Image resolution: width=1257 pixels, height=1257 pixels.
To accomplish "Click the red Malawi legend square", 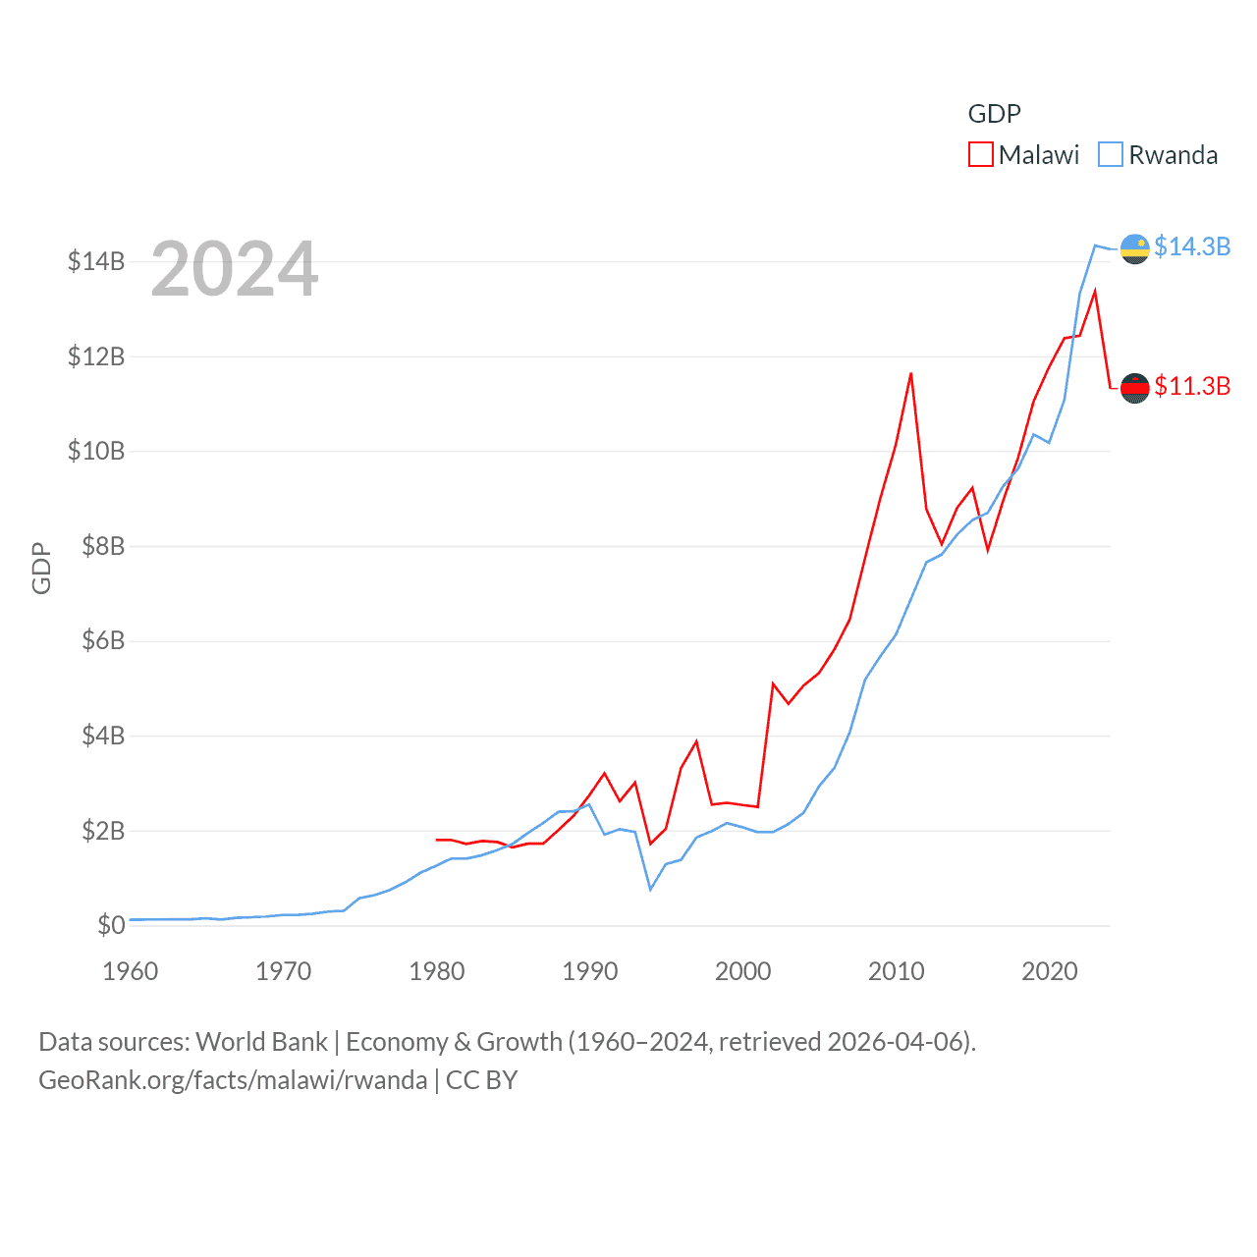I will [x=980, y=155].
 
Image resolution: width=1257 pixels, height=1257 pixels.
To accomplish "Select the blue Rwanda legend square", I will [x=1110, y=155].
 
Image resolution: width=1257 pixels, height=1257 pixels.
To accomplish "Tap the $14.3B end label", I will [x=1191, y=246].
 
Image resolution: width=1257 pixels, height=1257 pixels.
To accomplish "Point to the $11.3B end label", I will [x=1191, y=386].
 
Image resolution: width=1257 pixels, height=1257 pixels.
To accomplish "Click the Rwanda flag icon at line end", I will [x=1135, y=249].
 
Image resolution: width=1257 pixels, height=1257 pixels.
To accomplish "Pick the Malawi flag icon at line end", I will [x=1135, y=388].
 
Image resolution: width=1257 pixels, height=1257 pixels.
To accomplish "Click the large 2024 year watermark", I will [x=235, y=269].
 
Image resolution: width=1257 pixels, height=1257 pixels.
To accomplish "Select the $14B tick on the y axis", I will [x=96, y=261].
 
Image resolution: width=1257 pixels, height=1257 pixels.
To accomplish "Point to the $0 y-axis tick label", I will [x=111, y=925].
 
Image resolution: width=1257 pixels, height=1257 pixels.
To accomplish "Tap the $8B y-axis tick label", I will [x=103, y=546].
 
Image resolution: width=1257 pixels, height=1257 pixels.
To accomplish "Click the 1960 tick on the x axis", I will [x=131, y=971].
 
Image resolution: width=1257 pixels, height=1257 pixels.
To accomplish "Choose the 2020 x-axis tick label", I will [x=1050, y=971].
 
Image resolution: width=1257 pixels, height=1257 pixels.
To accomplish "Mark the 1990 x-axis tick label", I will [x=590, y=971].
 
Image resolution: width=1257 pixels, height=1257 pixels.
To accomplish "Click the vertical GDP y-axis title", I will [x=41, y=568].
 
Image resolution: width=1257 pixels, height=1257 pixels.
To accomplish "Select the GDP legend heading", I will [x=994, y=114].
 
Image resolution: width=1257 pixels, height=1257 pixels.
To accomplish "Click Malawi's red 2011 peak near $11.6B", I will [x=911, y=374].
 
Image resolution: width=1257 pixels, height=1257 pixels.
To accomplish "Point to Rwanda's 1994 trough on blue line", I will [x=650, y=889].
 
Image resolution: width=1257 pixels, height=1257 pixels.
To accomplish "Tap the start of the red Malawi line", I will [x=437, y=840].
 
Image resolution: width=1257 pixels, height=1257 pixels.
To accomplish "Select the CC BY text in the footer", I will [x=481, y=1080].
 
